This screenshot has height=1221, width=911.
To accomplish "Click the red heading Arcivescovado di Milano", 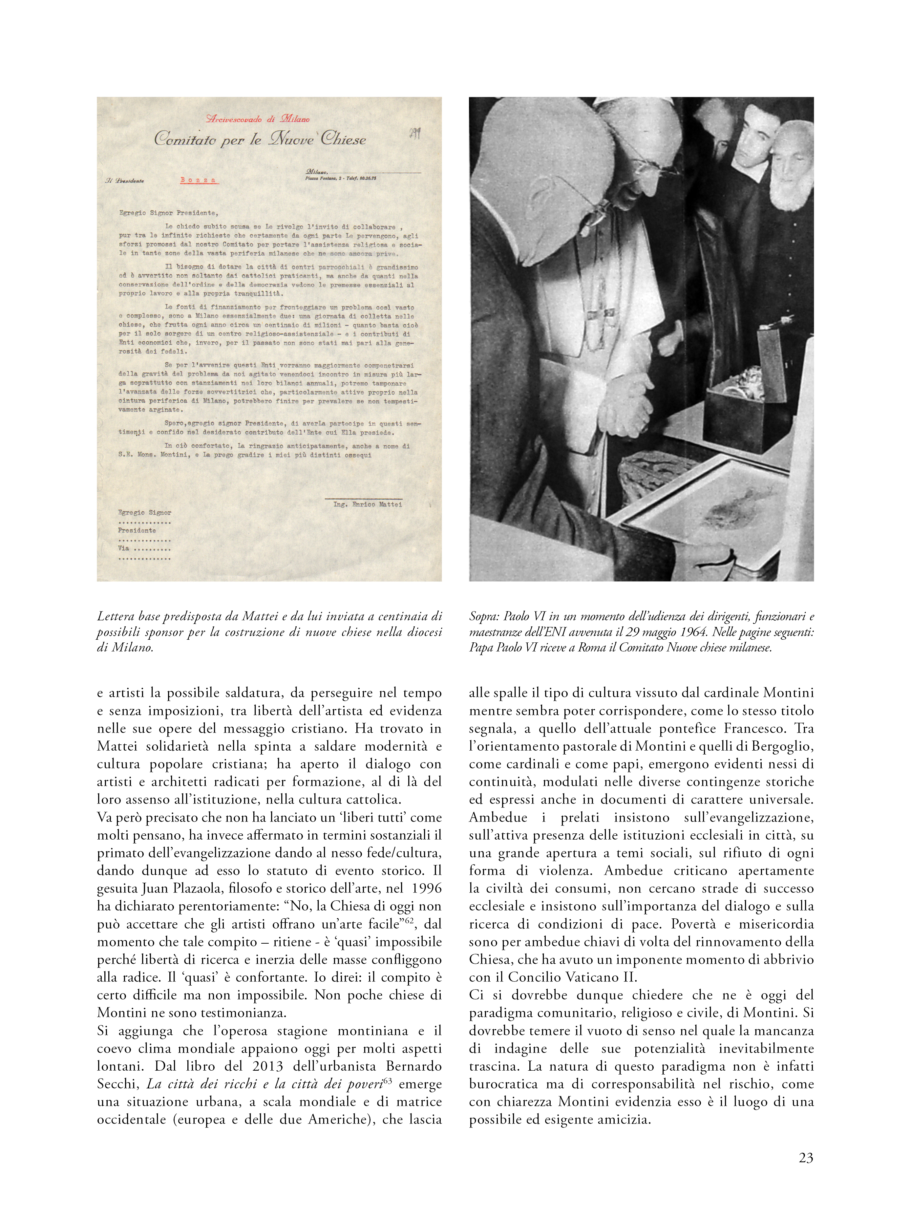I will [258, 118].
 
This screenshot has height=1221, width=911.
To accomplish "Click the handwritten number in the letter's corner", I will [415, 134].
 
